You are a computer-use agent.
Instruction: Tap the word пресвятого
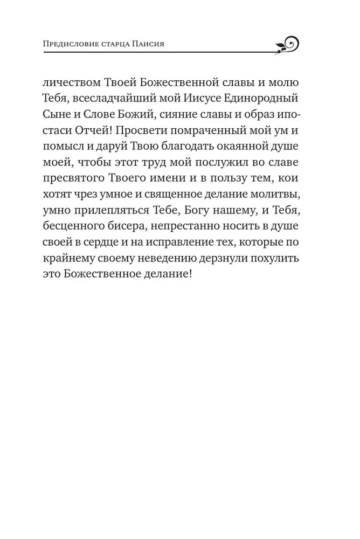coord(75,181)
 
